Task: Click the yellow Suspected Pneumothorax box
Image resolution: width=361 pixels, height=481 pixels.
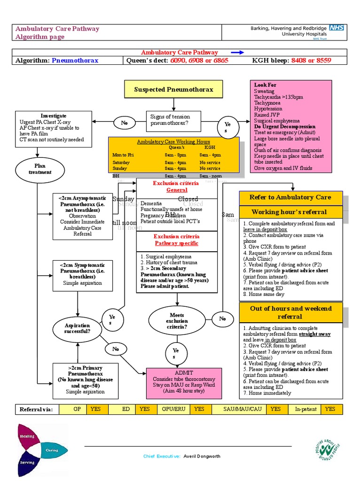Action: (173, 89)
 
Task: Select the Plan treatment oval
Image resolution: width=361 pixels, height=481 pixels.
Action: (40, 169)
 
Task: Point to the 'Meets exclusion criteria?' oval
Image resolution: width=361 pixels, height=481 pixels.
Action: (177, 320)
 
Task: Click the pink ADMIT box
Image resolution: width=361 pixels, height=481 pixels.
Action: (184, 381)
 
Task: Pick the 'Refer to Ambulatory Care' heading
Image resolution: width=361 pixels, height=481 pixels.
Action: (290, 197)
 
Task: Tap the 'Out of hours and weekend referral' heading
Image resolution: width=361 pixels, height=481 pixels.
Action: (290, 312)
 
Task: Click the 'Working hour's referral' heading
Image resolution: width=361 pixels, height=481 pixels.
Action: (290, 212)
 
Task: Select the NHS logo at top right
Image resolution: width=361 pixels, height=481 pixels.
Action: (337, 28)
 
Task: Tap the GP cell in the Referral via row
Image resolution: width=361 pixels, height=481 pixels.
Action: (77, 409)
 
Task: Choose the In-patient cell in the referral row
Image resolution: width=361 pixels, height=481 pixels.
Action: (306, 409)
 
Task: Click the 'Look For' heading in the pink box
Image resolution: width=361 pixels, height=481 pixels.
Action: (265, 85)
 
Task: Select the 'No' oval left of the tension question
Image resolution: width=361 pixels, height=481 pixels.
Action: (125, 123)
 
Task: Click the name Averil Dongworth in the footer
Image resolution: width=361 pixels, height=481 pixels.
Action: (203, 456)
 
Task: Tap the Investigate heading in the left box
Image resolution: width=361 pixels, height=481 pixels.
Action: (54, 116)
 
